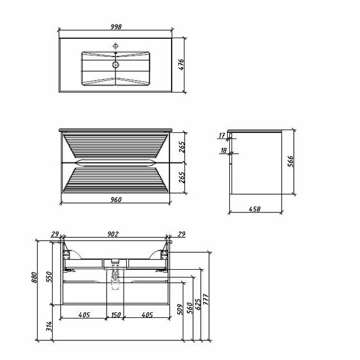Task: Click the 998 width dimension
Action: (x=116, y=26)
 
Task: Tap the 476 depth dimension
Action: (x=181, y=64)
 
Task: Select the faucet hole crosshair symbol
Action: (x=116, y=46)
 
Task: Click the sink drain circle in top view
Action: (x=116, y=64)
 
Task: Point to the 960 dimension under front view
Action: (x=116, y=200)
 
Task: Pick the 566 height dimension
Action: (x=290, y=161)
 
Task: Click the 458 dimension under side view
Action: (x=255, y=209)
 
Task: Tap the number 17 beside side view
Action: (x=222, y=136)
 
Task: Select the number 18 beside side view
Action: (x=224, y=150)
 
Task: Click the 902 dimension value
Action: (x=113, y=234)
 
